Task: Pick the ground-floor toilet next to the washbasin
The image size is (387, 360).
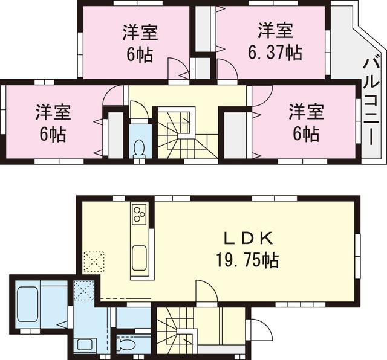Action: (126, 345)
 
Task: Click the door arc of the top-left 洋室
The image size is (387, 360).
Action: (178, 68)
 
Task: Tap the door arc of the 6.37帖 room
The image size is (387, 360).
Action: (227, 69)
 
